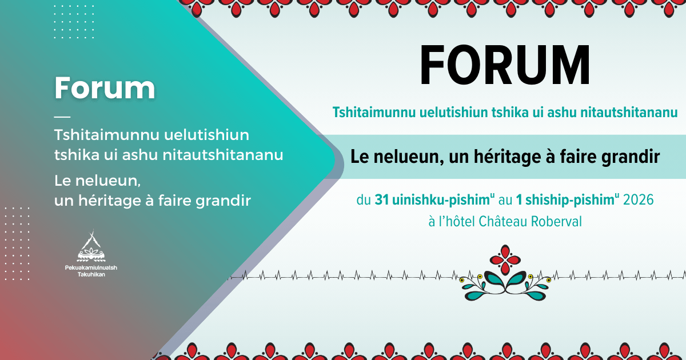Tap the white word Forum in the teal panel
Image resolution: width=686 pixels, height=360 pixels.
click(x=105, y=87)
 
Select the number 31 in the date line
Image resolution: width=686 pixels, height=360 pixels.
click(x=382, y=201)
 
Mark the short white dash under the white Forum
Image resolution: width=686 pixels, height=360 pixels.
click(x=62, y=116)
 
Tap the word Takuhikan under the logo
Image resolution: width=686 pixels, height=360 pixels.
click(x=91, y=274)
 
